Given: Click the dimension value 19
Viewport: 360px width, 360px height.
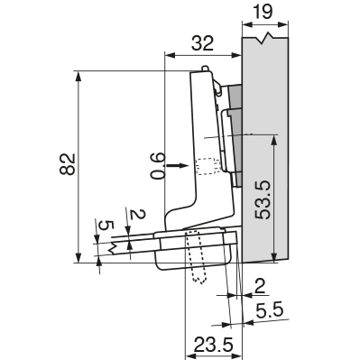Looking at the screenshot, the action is [x=263, y=12].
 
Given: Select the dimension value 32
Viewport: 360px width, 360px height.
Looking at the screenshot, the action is [x=203, y=43].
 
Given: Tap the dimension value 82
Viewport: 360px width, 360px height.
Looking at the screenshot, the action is [x=67, y=164].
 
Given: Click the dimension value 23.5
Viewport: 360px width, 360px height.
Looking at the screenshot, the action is [x=214, y=345].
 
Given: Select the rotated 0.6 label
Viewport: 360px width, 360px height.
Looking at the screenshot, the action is [x=158, y=166].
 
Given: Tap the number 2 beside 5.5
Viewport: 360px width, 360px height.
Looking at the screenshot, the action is [x=259, y=286].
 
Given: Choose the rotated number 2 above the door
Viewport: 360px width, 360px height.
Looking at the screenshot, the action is [x=138, y=215].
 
